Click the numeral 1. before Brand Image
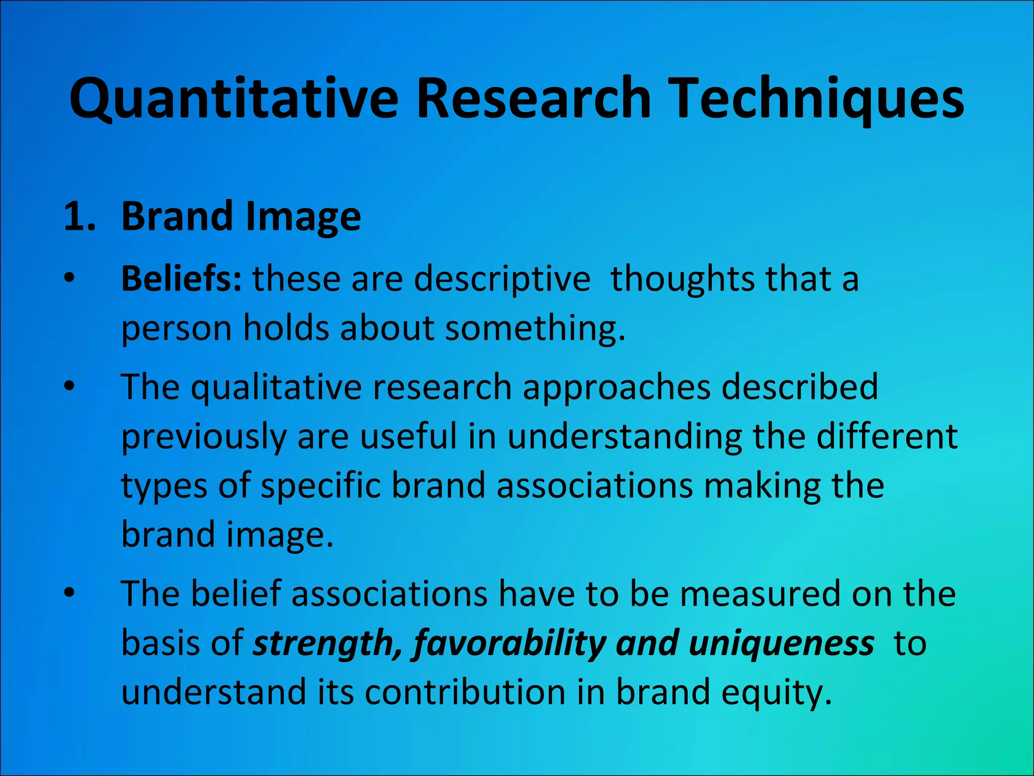(x=80, y=217)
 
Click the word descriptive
(x=502, y=279)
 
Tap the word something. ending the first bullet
(x=535, y=328)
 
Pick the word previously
(x=204, y=437)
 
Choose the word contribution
(x=464, y=692)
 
